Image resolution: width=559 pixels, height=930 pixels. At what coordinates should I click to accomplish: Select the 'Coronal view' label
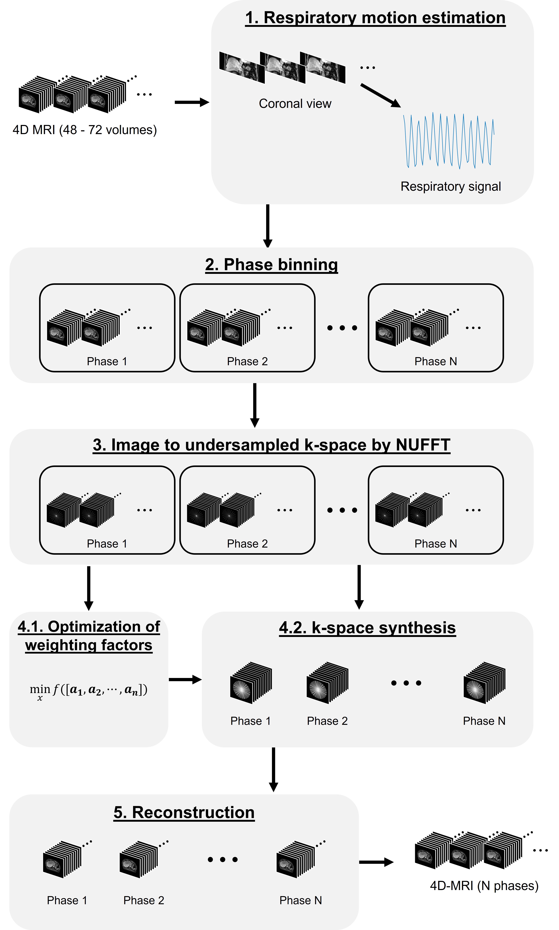point(295,104)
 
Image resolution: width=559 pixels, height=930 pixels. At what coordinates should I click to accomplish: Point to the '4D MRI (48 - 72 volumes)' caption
point(85,130)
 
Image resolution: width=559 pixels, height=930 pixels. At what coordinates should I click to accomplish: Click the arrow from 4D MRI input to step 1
point(191,102)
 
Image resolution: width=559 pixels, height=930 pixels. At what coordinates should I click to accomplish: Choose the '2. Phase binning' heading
point(271,264)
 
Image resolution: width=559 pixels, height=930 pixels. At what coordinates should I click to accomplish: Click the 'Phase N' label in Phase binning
point(435,361)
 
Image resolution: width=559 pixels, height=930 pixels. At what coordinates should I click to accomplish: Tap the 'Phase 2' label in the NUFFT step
point(247,544)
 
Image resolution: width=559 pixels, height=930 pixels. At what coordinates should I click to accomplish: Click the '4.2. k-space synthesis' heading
point(367,628)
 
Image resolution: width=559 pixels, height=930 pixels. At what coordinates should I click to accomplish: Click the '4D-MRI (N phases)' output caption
point(484,886)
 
